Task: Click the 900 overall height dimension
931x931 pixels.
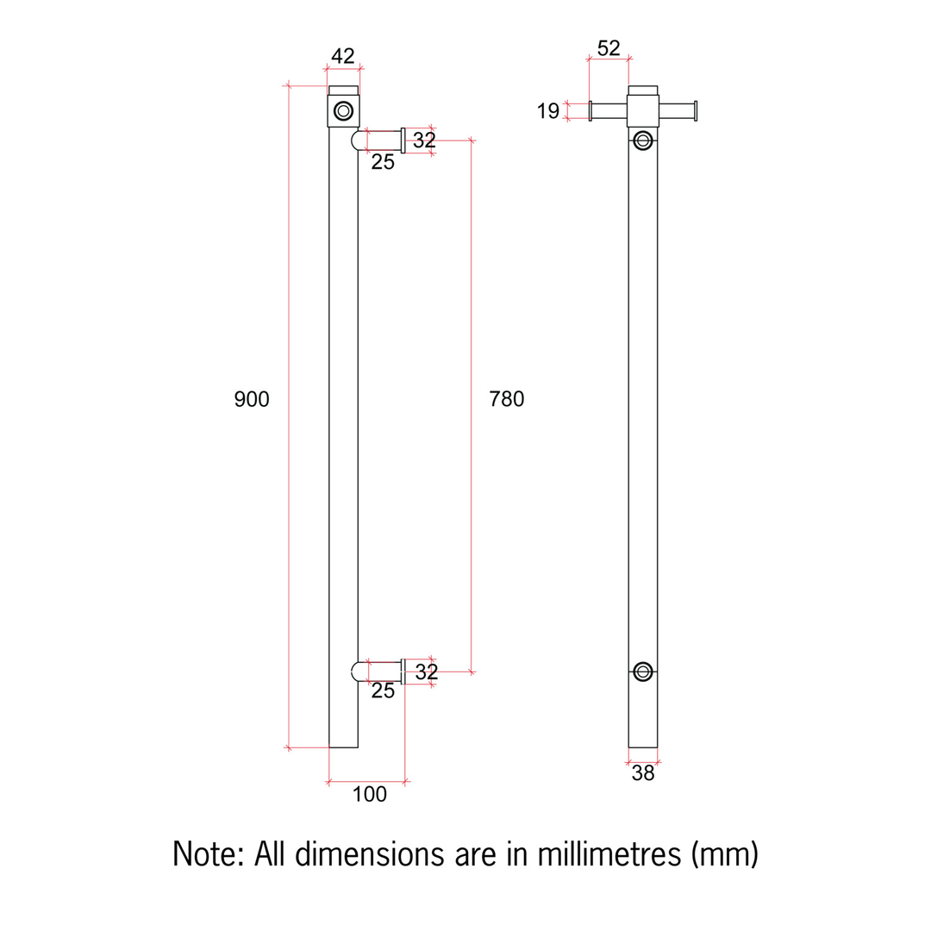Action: coord(252,399)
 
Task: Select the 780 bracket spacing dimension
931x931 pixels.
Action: coord(506,399)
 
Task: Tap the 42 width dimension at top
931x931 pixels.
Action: coord(343,56)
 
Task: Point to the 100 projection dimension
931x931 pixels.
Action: coord(369,795)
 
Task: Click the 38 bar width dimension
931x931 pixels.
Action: coord(643,774)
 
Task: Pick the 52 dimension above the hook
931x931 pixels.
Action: coord(609,48)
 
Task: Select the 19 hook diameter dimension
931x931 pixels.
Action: coord(547,110)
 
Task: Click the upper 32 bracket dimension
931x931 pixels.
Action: coord(424,140)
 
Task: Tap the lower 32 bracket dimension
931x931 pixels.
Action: coord(427,672)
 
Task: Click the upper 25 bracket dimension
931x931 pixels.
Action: coord(383,162)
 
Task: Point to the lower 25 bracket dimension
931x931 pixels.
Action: coord(383,690)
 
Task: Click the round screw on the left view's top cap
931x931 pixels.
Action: coord(343,110)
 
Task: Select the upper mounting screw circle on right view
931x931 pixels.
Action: coord(643,141)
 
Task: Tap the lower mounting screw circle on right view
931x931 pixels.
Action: coord(643,672)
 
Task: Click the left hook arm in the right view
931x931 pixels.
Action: coord(609,110)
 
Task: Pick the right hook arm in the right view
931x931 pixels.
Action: coord(678,110)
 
